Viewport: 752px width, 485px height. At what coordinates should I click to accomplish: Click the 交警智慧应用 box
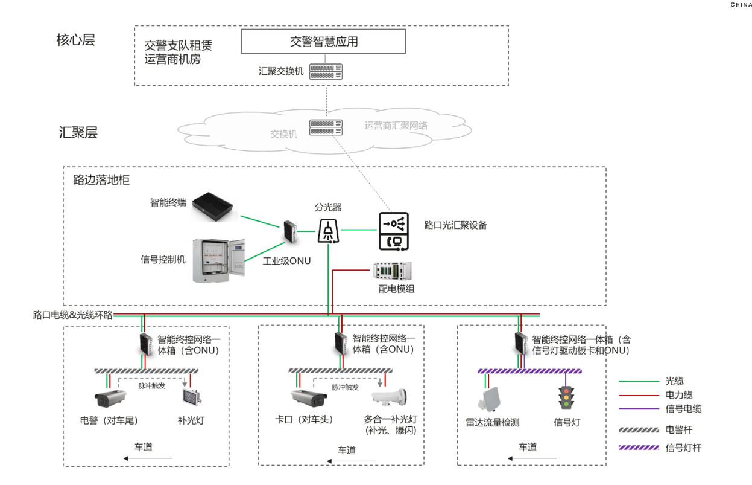coord(323,41)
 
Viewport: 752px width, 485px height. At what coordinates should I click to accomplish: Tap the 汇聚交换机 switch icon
coord(326,71)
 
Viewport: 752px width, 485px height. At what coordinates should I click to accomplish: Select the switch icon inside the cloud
coord(326,127)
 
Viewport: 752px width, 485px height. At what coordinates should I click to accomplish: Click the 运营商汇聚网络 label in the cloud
coord(396,126)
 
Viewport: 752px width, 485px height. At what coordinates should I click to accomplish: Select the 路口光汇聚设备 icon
coord(393,231)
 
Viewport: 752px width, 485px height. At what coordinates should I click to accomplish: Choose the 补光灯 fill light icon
coord(191,397)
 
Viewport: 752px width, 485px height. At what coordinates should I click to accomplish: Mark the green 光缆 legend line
coord(639,381)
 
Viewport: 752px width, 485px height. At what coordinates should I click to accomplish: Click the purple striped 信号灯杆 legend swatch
coord(639,448)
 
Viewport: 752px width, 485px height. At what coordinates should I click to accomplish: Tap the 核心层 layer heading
coord(75,40)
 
